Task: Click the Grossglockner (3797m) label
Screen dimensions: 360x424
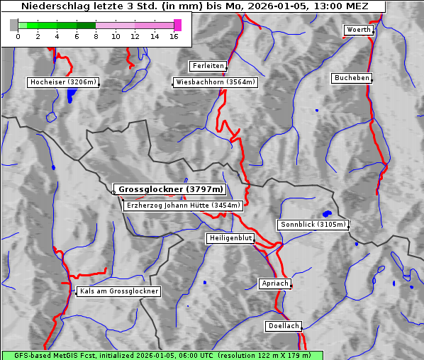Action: [x=170, y=190]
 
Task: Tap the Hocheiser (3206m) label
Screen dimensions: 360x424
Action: [x=62, y=82]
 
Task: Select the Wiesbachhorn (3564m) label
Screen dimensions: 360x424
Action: [x=216, y=82]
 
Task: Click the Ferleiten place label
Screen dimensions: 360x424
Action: [x=208, y=66]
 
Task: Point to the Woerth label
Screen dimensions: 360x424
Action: [x=358, y=30]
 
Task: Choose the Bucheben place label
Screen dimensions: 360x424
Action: [x=352, y=78]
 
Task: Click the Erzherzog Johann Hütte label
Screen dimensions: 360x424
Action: [x=184, y=206]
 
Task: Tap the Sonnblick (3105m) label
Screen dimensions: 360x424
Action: [x=313, y=225]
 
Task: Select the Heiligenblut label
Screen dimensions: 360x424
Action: [x=230, y=238]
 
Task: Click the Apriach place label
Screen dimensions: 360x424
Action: [x=274, y=283]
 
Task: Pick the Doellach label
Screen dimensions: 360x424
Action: [x=284, y=326]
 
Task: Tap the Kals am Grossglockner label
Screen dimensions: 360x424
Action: [x=119, y=291]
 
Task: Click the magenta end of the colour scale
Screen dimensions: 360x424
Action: [x=177, y=25]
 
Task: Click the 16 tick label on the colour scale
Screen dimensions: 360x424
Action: [x=174, y=36]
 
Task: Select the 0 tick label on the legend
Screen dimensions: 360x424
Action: [x=18, y=36]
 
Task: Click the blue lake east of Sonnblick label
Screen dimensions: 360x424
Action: [x=327, y=213]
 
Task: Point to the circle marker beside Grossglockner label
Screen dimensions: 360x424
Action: [x=113, y=192]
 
